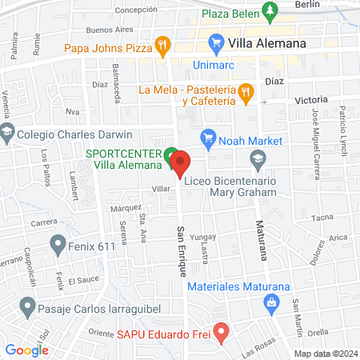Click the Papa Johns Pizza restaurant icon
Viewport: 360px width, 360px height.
162,45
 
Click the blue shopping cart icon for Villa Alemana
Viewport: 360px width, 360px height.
215,42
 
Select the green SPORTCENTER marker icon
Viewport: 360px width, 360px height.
170,156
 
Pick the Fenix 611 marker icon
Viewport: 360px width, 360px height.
57,242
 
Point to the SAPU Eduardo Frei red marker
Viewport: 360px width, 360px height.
223,330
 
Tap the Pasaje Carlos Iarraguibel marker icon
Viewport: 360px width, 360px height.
26,307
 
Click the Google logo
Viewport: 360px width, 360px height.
26,350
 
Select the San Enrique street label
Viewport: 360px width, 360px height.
181,249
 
